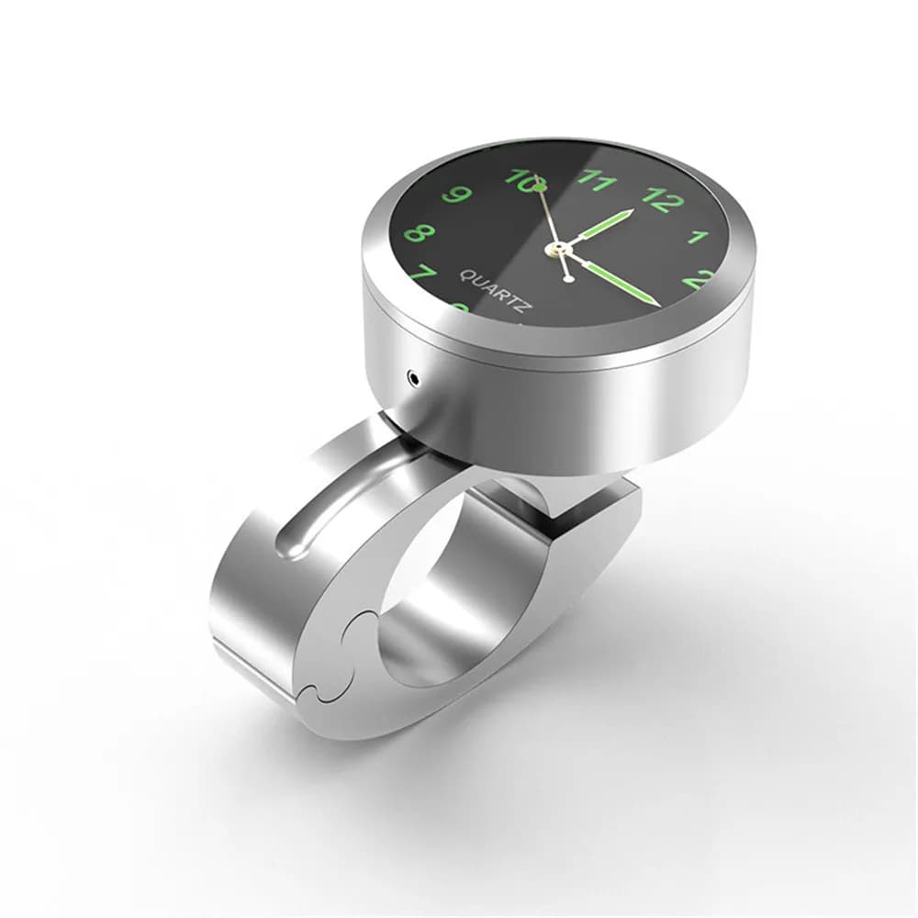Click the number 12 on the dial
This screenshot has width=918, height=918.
click(x=663, y=198)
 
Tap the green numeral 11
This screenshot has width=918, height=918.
click(x=597, y=180)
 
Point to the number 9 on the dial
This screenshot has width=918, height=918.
click(x=456, y=195)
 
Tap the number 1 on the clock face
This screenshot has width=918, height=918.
click(x=700, y=237)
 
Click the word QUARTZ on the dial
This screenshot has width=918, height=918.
click(x=493, y=291)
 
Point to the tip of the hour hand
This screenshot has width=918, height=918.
click(x=633, y=211)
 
